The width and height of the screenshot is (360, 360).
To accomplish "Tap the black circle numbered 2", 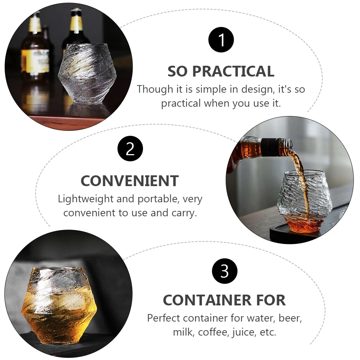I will [x=130, y=149].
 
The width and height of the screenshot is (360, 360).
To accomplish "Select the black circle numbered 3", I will [x=225, y=271].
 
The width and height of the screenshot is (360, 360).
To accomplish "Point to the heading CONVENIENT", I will [x=130, y=181].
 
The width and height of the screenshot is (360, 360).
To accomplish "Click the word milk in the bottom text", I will [x=183, y=332].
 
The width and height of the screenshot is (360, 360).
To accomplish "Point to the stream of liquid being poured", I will [x=302, y=180].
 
